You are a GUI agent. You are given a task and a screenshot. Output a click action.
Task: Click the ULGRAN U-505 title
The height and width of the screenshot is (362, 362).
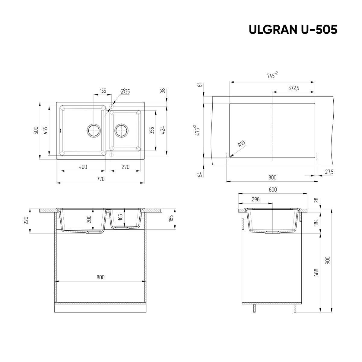click(x=293, y=30)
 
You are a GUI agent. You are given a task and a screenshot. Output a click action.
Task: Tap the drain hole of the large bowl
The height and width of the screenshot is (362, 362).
click(x=94, y=131)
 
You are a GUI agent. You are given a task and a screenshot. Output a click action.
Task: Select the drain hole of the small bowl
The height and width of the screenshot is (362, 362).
click(x=122, y=131)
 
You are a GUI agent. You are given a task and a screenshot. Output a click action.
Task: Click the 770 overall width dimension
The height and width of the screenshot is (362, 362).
click(x=100, y=179)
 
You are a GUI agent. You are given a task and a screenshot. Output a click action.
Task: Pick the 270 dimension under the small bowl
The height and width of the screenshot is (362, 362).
click(x=125, y=167)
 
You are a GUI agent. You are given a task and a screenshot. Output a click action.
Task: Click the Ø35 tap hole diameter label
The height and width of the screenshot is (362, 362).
click(x=125, y=91)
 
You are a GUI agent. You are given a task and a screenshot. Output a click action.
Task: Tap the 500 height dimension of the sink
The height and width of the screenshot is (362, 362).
click(x=36, y=130)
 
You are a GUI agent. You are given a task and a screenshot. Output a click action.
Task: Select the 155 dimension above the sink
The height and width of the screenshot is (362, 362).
click(x=103, y=91)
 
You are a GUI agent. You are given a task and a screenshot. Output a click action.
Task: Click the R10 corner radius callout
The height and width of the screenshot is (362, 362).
click(x=241, y=144)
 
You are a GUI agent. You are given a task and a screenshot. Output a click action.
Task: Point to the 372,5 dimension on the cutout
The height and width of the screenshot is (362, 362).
click(x=294, y=88)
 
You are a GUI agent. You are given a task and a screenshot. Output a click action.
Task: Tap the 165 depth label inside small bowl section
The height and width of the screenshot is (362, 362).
click(x=121, y=217)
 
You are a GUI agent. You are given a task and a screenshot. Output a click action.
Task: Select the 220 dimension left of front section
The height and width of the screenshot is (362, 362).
click(x=26, y=221)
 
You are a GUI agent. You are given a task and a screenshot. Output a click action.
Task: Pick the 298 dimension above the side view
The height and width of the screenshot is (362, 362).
click(x=255, y=199)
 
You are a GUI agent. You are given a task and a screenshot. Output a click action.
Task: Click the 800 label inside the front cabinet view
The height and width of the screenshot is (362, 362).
click(x=100, y=277)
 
